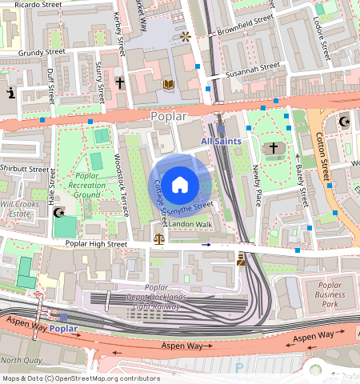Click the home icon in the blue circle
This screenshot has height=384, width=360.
[180, 184]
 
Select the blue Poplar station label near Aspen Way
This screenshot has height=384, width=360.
[63, 328]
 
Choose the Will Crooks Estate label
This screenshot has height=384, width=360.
[19, 209]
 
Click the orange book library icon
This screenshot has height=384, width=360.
[168, 83]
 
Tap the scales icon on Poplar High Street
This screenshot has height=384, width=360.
[158, 238]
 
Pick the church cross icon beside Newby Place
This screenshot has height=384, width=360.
[273, 148]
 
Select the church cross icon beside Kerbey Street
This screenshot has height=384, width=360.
[120, 82]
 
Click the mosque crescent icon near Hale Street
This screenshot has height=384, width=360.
[57, 213]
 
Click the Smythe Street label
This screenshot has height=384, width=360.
[190, 206]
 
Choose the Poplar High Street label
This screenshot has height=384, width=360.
[96, 243]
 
